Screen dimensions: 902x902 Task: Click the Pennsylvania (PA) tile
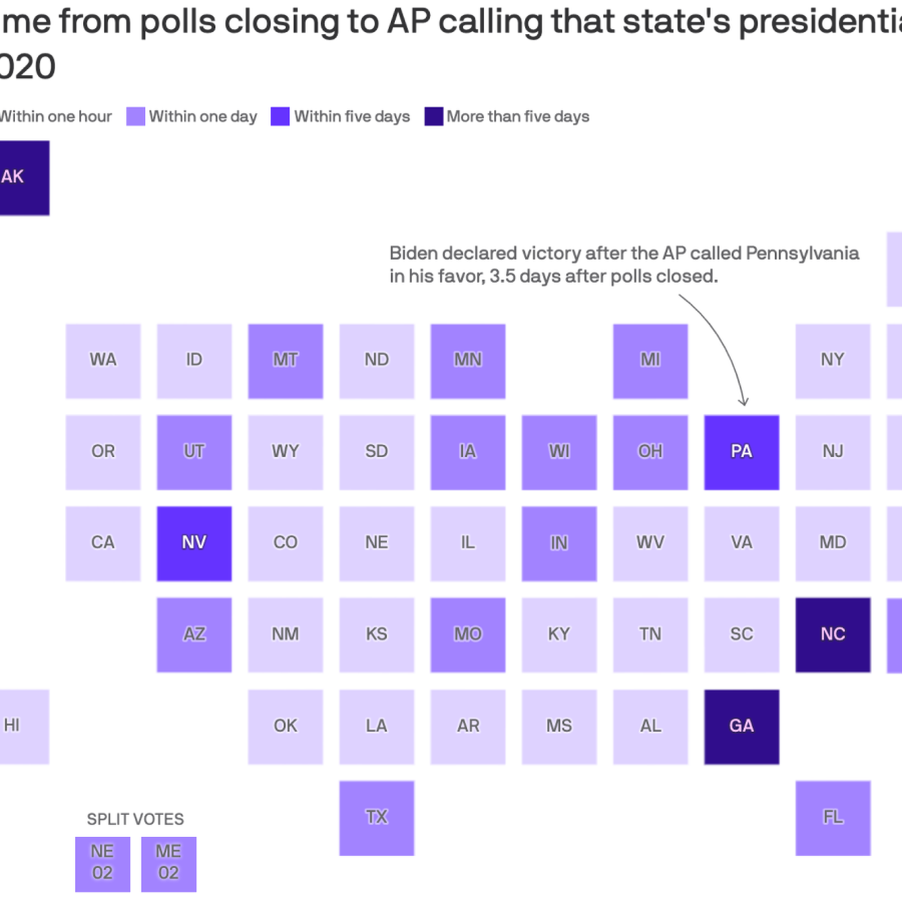741,452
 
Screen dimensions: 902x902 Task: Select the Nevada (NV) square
194,543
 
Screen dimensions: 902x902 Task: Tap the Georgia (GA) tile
741,726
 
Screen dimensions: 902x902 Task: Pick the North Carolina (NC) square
833,635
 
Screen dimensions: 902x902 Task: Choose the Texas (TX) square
377,817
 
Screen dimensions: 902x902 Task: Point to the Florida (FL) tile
833,817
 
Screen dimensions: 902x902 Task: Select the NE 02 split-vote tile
103,864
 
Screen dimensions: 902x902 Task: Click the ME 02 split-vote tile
169,864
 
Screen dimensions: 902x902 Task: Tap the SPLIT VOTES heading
135,819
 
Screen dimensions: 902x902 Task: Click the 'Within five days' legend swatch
280,116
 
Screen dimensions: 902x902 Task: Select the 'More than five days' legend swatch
434,116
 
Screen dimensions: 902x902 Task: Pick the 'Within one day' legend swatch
136,116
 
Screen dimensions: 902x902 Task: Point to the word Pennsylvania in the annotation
802,253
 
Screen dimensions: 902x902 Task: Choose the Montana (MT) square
285,361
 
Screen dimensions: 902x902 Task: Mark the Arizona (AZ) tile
194,635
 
